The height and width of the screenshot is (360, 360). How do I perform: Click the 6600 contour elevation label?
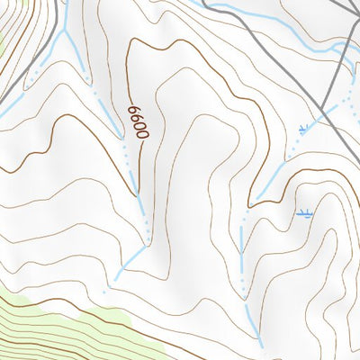coord(136,120)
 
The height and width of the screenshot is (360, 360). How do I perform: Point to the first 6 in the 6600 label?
coord(134,109)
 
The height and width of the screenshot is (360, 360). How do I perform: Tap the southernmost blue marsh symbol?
coord(305,214)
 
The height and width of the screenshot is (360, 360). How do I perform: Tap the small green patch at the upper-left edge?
coord(4,36)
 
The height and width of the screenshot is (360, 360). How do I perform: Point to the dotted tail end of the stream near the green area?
coord(103,291)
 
